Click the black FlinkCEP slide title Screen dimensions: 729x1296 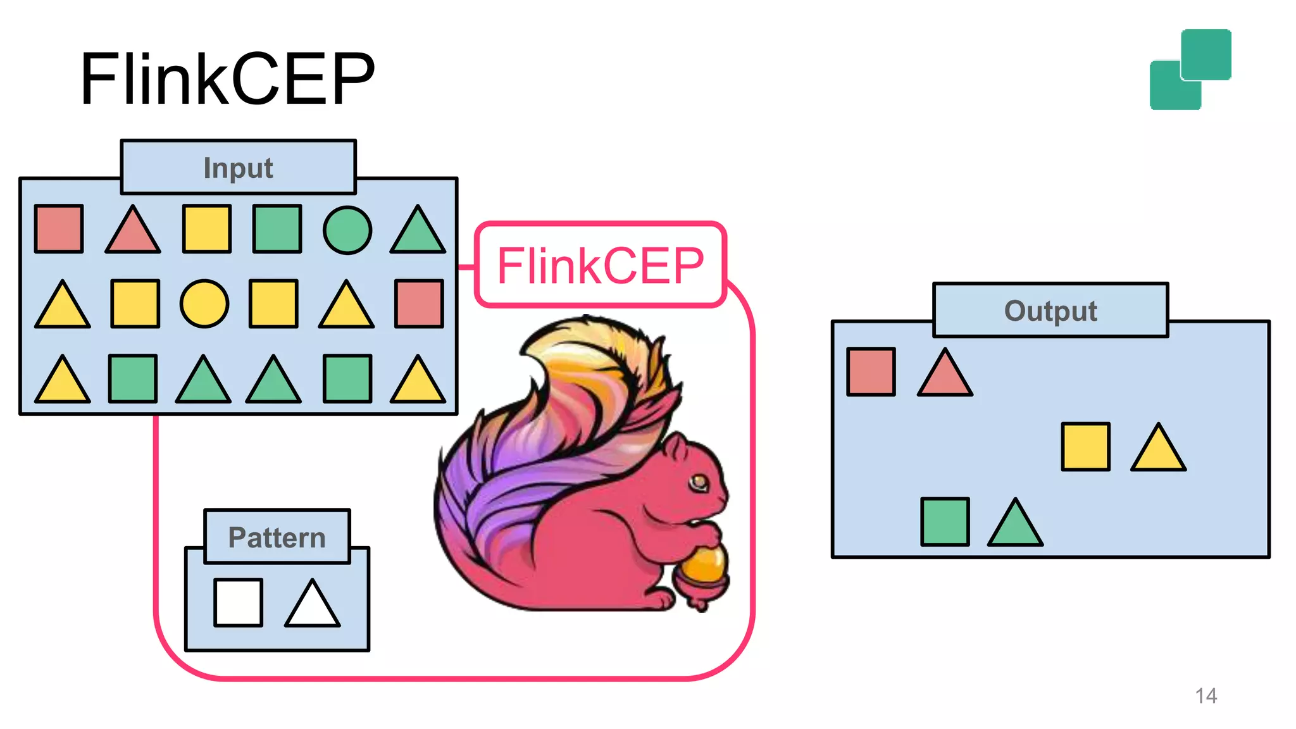[x=228, y=79]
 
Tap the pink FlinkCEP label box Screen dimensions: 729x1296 [x=600, y=265]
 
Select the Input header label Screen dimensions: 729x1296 [x=238, y=168]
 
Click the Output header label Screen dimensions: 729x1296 [x=1050, y=311]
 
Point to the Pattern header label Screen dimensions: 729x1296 [x=277, y=537]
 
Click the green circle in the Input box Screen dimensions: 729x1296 [x=347, y=230]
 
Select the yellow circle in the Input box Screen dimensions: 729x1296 [x=204, y=304]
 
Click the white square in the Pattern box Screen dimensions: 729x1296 [x=238, y=602]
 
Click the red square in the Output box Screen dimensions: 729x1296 [x=871, y=371]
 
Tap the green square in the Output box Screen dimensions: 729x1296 [x=945, y=521]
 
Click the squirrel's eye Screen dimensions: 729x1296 [x=699, y=483]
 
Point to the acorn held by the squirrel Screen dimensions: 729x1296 [x=704, y=570]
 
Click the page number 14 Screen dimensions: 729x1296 [x=1206, y=696]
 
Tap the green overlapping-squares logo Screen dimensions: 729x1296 [x=1190, y=70]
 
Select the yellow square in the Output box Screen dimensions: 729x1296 [x=1085, y=447]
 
